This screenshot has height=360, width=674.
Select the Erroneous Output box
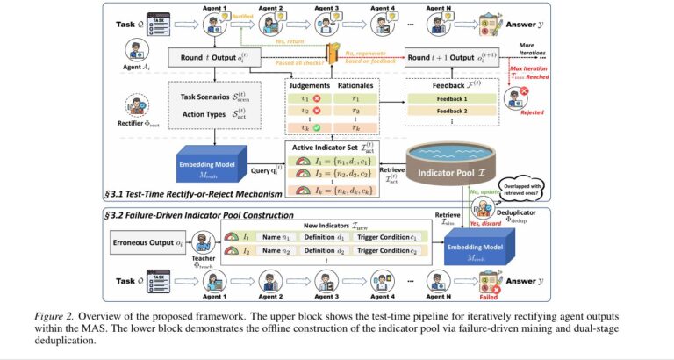145,241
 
